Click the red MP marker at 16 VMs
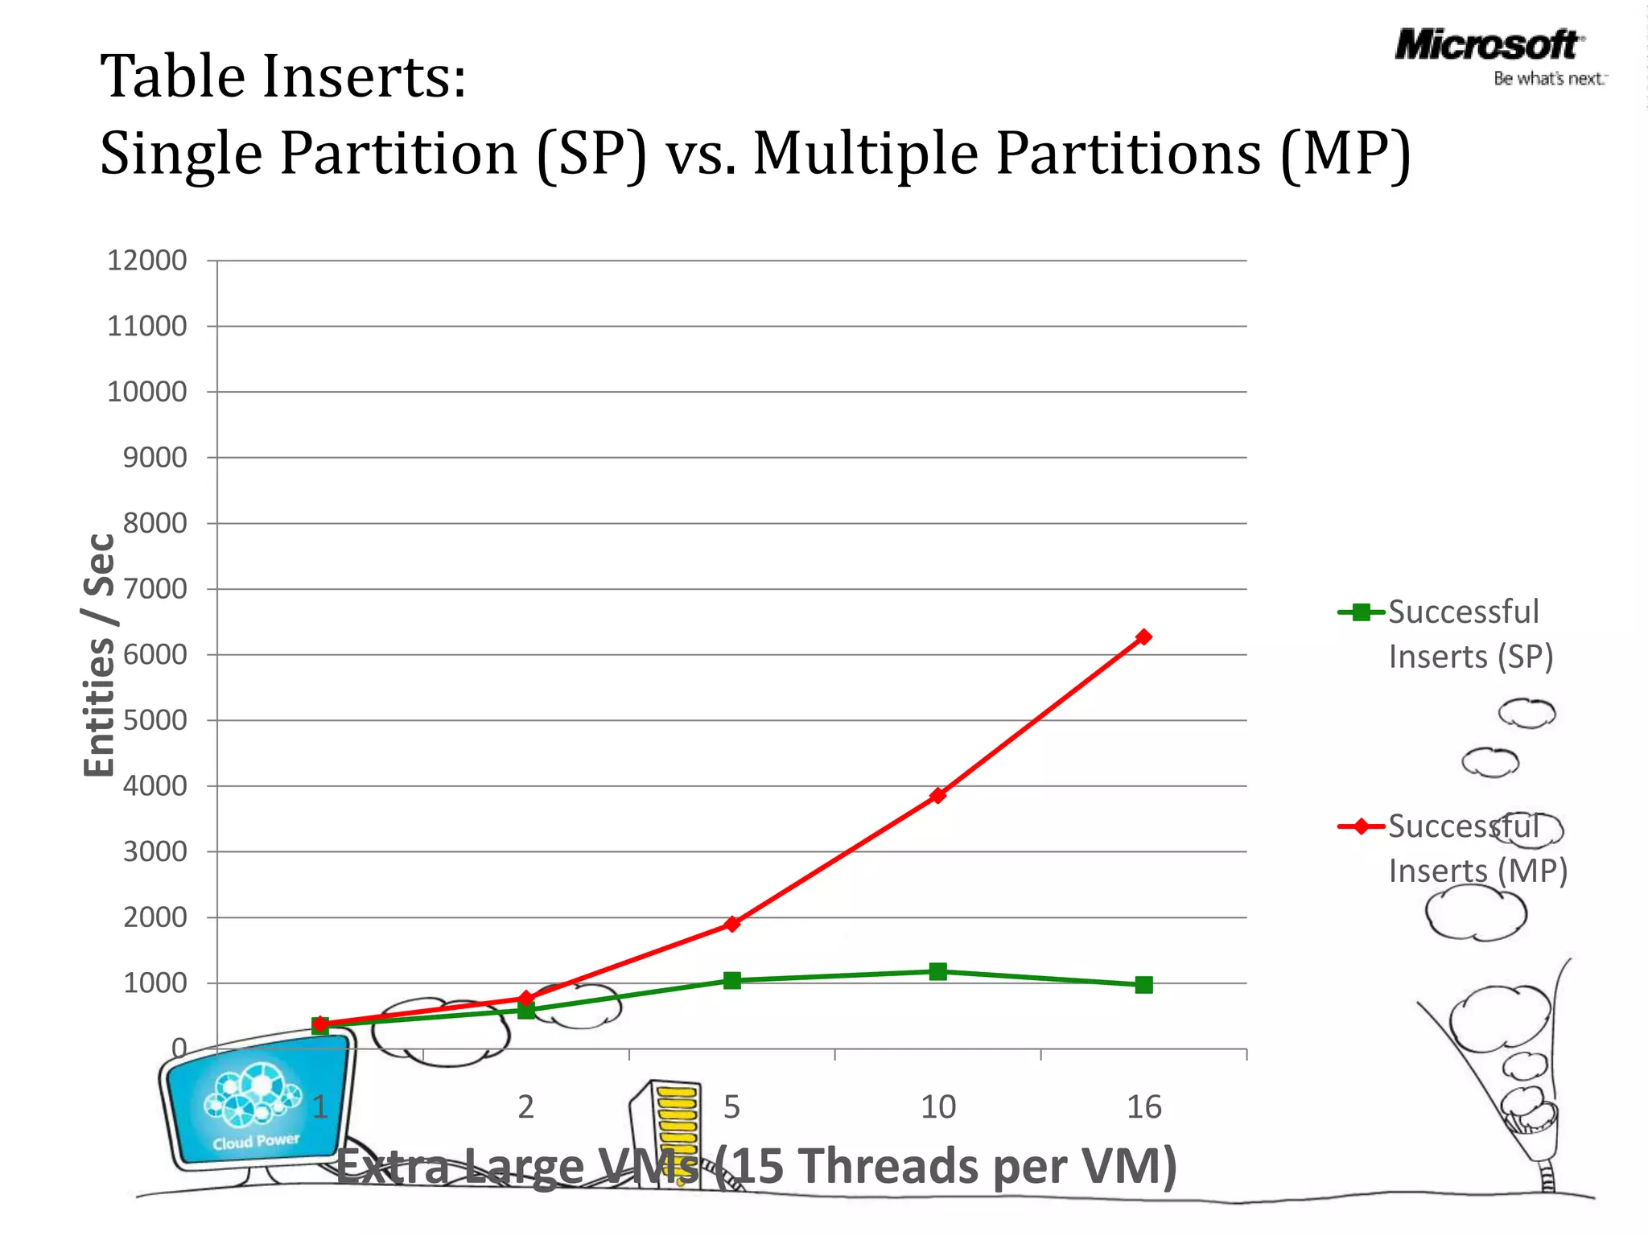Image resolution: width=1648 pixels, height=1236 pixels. (x=1143, y=637)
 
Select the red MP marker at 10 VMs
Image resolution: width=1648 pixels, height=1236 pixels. (x=937, y=795)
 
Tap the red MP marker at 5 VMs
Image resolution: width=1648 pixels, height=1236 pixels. (x=731, y=923)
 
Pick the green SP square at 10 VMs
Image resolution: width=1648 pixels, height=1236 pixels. (x=937, y=971)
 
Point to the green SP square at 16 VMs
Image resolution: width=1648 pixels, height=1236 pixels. (x=1143, y=985)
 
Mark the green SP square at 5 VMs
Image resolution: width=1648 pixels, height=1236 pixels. (x=731, y=980)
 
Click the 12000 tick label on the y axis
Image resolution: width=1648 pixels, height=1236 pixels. (x=147, y=261)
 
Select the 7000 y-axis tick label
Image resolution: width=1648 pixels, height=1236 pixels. (x=154, y=589)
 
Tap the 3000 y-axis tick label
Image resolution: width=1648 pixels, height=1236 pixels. (x=154, y=851)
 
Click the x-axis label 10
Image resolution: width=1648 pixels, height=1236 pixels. (x=937, y=1107)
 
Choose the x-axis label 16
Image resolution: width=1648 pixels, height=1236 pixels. (x=1143, y=1107)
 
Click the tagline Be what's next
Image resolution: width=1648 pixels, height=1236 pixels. (x=1549, y=79)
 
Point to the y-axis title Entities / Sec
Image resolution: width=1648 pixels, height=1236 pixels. (x=100, y=654)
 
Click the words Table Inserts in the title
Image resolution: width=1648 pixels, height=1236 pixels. (x=282, y=76)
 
